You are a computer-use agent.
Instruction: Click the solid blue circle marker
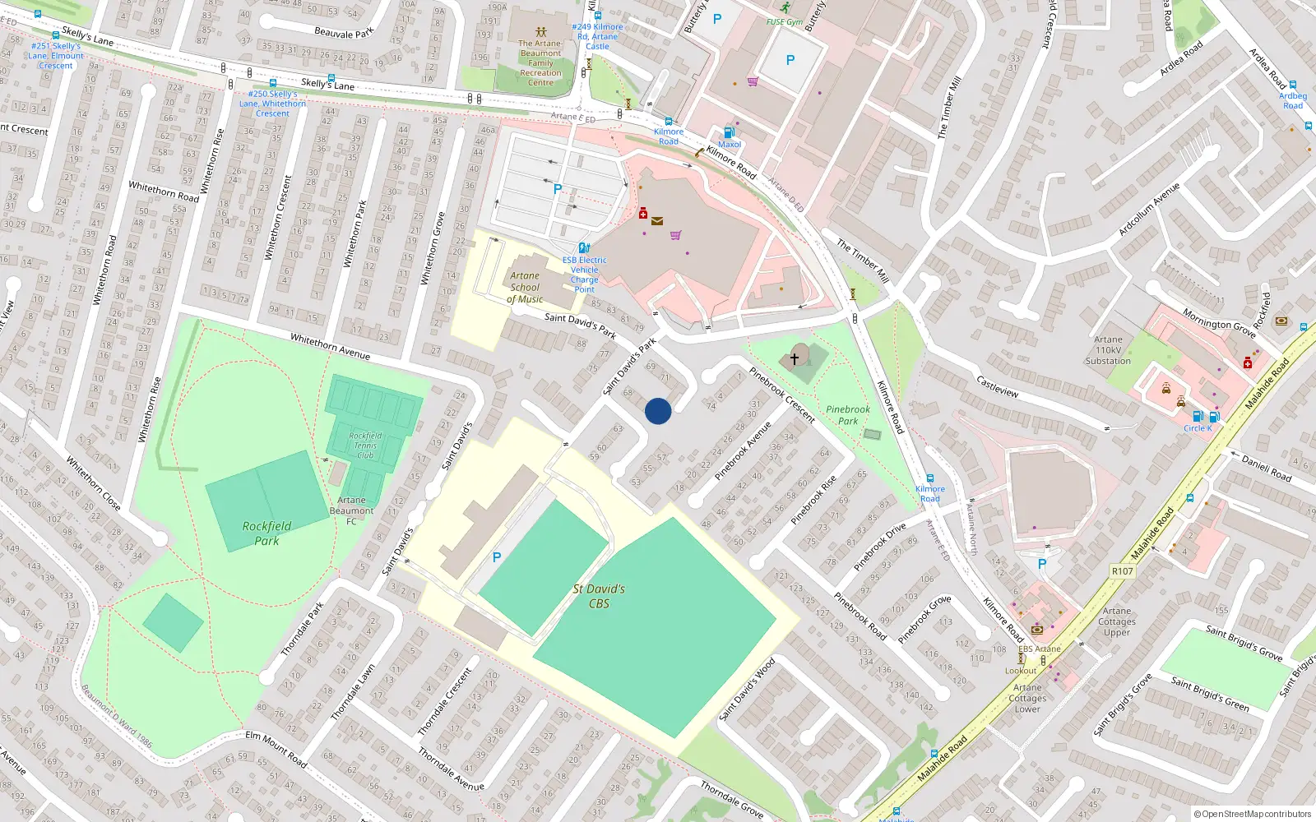(x=658, y=411)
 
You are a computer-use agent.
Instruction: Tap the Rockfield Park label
(x=266, y=533)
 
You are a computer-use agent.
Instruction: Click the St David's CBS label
(x=599, y=596)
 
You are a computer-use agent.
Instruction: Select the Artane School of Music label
(x=525, y=288)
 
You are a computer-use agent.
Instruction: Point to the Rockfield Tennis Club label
(x=365, y=445)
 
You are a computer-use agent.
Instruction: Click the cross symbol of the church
(x=795, y=358)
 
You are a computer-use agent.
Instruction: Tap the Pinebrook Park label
(x=848, y=415)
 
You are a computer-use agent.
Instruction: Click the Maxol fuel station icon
(x=728, y=132)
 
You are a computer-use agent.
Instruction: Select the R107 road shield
(x=1122, y=571)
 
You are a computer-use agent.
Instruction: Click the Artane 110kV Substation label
(x=1108, y=350)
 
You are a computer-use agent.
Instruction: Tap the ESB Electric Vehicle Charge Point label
(x=585, y=275)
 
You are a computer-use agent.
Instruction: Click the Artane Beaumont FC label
(x=351, y=510)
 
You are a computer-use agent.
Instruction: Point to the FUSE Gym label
(x=784, y=22)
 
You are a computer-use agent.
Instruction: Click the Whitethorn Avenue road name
(x=330, y=346)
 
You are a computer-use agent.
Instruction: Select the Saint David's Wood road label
(x=747, y=689)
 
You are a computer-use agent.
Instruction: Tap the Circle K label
(x=1198, y=428)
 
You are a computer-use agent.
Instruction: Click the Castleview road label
(x=997, y=386)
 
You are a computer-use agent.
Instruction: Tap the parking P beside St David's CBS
(x=497, y=557)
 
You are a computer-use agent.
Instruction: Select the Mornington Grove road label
(x=1219, y=323)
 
